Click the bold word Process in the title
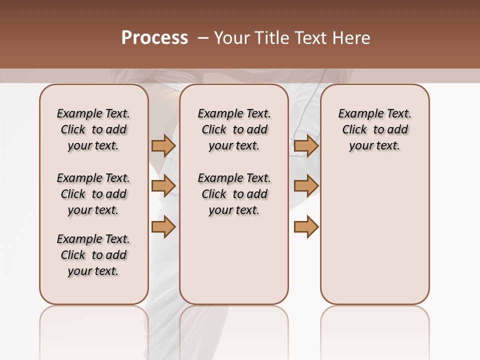pyautogui.click(x=154, y=38)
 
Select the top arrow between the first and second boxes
pyautogui.click(x=163, y=145)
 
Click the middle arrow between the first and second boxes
pyautogui.click(x=163, y=186)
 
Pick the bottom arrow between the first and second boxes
pyautogui.click(x=163, y=227)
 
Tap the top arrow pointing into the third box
pyautogui.click(x=306, y=145)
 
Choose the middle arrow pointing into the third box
pyautogui.click(x=306, y=186)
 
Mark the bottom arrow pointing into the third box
pyautogui.click(x=306, y=227)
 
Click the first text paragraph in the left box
pyautogui.click(x=93, y=129)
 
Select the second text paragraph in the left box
pyautogui.click(x=93, y=194)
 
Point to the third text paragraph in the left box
pyautogui.click(x=93, y=255)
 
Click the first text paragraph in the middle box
pyautogui.click(x=234, y=129)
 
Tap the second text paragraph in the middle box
pyautogui.click(x=234, y=194)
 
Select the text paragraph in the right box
pyautogui.click(x=374, y=129)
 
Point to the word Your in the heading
pyautogui.click(x=232, y=38)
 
